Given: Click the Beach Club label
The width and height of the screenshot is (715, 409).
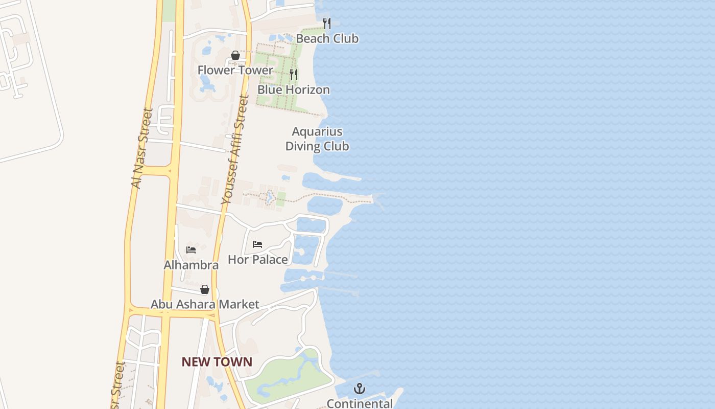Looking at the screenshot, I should [327, 39].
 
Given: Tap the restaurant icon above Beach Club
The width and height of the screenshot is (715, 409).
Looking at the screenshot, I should [327, 23].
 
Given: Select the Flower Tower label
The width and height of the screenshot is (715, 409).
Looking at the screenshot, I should [235, 70].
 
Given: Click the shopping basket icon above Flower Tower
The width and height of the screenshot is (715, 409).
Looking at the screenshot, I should [235, 55].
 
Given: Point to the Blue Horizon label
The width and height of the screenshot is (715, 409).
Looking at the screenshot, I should [293, 90].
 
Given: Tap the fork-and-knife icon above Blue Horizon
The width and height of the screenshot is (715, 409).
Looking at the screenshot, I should [294, 75].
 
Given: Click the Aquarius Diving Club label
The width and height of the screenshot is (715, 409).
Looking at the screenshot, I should [317, 139].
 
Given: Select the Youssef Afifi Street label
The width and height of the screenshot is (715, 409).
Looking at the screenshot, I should [235, 151].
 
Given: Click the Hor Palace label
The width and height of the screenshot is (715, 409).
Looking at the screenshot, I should [257, 260].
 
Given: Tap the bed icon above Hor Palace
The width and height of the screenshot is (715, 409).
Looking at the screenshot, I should [257, 244].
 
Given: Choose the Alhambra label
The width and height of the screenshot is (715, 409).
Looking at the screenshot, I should [191, 265].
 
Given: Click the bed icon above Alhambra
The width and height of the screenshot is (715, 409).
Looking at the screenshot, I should [191, 249].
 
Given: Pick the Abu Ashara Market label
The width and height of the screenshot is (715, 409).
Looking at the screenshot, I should [205, 305].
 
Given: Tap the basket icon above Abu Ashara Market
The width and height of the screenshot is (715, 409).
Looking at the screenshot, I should [205, 289].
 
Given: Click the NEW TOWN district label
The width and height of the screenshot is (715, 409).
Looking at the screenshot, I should [217, 362].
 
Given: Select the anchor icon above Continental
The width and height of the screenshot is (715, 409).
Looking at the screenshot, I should [360, 389].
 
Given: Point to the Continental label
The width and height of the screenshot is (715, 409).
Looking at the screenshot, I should [360, 403].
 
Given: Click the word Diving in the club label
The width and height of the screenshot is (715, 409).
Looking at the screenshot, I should [300, 146].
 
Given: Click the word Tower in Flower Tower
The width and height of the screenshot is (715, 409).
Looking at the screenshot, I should [257, 70].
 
